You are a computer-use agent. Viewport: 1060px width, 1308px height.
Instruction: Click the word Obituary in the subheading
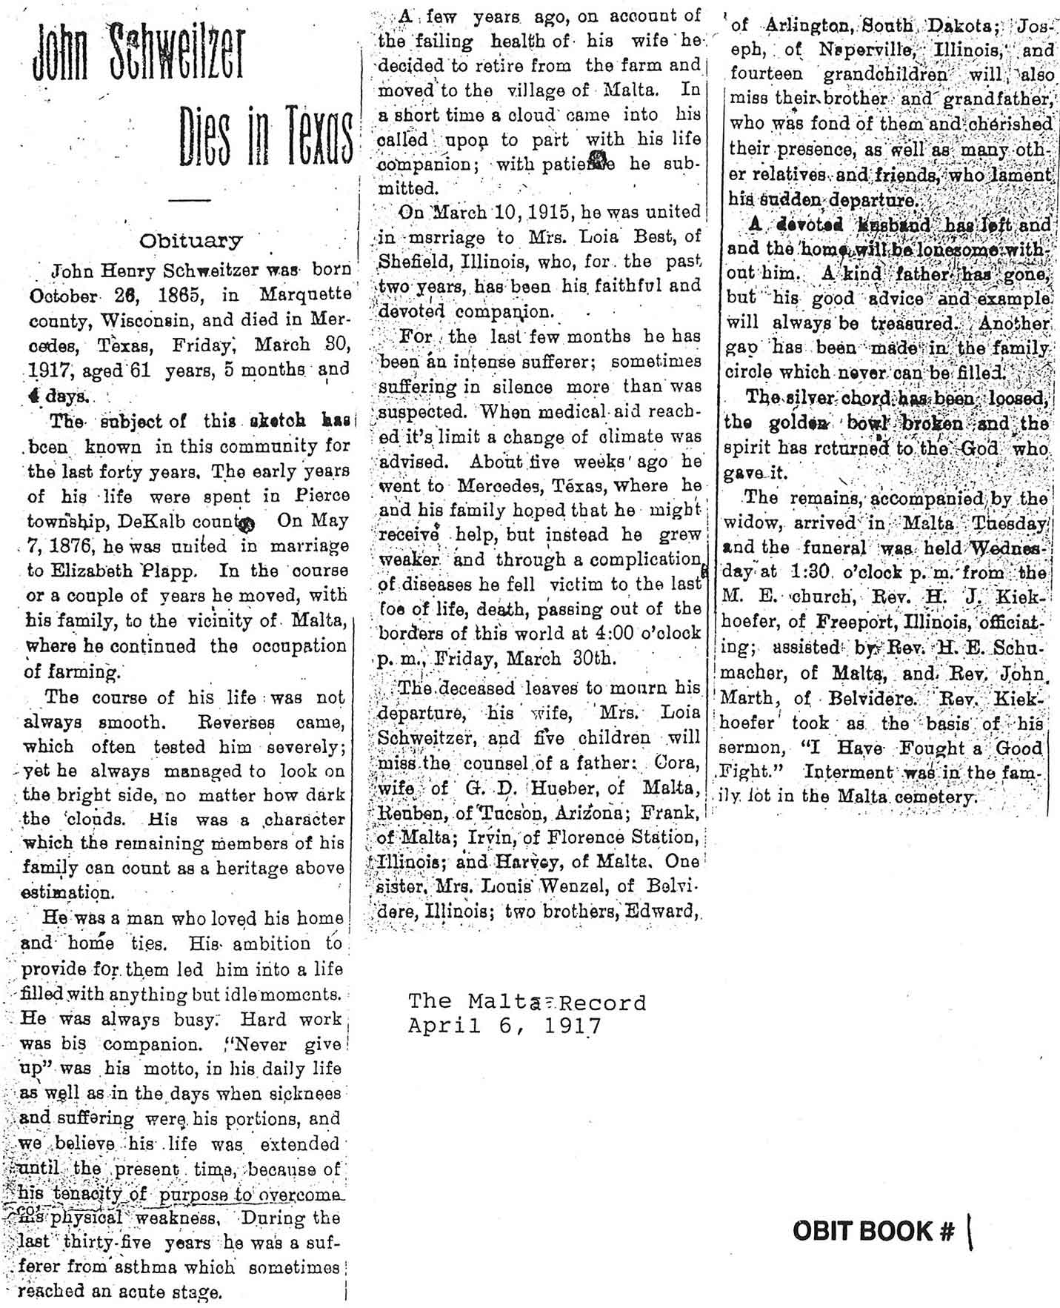pos(191,241)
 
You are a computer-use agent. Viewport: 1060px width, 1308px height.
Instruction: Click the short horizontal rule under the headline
pos(190,199)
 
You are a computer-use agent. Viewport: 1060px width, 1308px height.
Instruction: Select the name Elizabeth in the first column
pos(93,571)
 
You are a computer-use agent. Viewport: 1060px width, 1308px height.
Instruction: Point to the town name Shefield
pos(412,262)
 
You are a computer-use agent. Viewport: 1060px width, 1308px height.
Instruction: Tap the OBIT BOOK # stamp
pos(874,1231)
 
